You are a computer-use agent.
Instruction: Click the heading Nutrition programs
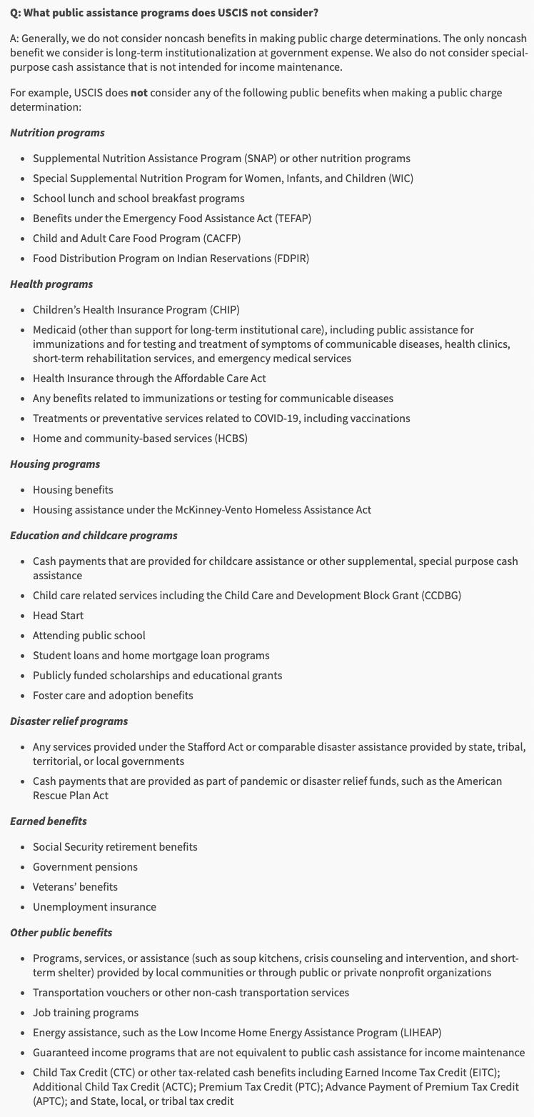coord(57,133)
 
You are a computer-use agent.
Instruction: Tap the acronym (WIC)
coord(400,179)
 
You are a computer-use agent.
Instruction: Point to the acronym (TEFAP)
coord(290,219)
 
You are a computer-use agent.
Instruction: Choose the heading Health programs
coord(51,284)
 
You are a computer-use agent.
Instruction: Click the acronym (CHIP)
coord(224,310)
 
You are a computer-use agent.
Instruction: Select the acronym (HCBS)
coord(231,439)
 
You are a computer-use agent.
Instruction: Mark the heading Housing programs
coord(55,464)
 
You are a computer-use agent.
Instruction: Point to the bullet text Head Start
coord(58,616)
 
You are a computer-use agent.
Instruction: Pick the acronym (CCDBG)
coord(436,596)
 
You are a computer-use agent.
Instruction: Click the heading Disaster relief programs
coord(69,721)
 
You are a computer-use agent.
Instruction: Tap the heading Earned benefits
coord(48,821)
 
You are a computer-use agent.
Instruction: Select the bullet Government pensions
coord(85,867)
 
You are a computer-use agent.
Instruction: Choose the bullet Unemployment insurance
coord(94,907)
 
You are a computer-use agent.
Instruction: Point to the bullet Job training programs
coord(86,1013)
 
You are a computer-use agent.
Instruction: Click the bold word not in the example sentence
coord(138,94)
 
